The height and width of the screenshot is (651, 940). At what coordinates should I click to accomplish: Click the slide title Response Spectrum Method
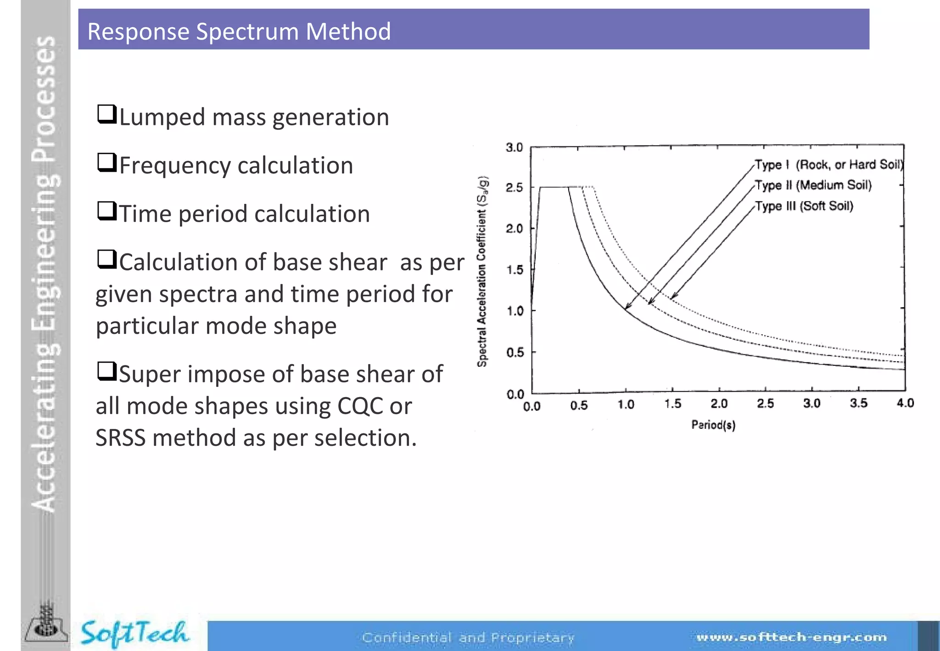[239, 32]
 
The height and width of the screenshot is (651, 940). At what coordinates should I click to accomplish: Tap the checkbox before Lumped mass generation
[107, 114]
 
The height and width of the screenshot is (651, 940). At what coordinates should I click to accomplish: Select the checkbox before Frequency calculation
[107, 163]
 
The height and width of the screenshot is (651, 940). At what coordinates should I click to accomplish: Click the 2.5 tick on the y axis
[515, 188]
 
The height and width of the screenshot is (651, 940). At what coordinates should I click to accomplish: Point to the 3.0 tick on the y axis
[515, 148]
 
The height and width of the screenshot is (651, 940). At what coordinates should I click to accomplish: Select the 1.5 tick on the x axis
[672, 404]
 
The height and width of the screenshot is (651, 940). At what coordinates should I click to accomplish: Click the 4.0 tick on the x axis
[905, 404]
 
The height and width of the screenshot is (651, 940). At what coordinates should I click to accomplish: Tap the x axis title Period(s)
[713, 425]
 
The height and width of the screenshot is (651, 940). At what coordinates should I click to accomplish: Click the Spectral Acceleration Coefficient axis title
[482, 272]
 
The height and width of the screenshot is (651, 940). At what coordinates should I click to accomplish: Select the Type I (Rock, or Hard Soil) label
[829, 165]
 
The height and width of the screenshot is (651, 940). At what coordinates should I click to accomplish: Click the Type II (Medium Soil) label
[813, 185]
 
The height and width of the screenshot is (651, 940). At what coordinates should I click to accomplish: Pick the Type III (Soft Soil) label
[804, 206]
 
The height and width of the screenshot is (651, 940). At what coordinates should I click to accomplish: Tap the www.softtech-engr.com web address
[791, 637]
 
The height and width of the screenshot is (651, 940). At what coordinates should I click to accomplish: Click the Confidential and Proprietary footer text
[468, 638]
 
